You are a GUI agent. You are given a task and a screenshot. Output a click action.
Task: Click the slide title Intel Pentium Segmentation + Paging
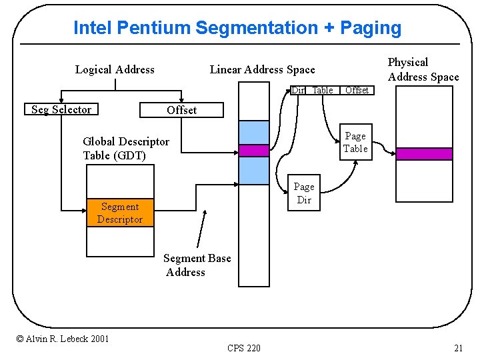(x=237, y=28)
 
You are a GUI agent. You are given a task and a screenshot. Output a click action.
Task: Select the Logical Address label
(x=115, y=69)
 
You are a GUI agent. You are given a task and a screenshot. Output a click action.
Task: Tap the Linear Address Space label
(x=262, y=69)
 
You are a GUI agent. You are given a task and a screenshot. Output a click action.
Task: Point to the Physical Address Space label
(x=423, y=69)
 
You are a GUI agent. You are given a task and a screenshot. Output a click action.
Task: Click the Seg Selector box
(x=61, y=109)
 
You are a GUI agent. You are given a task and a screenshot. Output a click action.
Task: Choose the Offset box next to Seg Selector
(x=181, y=110)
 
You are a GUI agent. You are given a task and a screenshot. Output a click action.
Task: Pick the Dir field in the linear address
(x=297, y=90)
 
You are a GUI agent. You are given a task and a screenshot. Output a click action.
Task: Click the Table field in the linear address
(x=323, y=90)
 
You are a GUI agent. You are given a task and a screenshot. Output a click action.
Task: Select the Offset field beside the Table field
(x=357, y=90)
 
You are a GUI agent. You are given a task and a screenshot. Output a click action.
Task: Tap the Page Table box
(x=355, y=142)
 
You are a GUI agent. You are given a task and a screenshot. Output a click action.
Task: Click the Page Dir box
(x=303, y=193)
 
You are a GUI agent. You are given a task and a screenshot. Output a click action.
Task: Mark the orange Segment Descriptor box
(x=120, y=213)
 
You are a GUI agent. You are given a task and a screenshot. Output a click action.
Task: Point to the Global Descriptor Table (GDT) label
(x=126, y=148)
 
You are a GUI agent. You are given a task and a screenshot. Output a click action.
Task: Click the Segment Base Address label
(x=197, y=265)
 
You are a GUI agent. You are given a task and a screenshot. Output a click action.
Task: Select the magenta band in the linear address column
(x=253, y=151)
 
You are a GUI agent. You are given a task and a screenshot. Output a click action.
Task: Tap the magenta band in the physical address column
(x=424, y=153)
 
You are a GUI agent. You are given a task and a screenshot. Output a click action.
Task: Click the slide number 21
(x=458, y=347)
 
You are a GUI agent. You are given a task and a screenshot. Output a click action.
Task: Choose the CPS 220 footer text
(x=244, y=347)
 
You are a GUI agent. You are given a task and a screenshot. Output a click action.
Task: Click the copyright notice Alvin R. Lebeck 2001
(x=63, y=339)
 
